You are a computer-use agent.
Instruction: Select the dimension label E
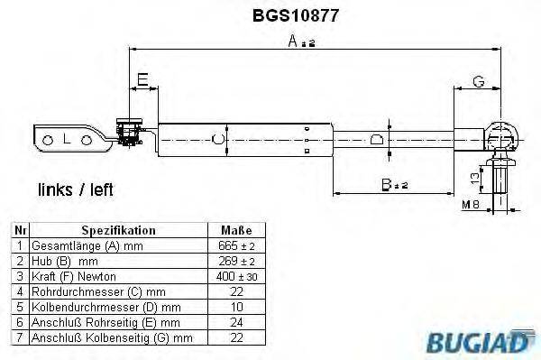[142, 80]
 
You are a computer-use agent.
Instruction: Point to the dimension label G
[479, 81]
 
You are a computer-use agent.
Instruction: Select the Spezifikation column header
[119, 230]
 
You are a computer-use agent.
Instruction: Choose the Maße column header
[235, 230]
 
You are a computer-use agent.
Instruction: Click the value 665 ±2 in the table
[235, 245]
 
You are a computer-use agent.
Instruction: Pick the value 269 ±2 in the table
[235, 261]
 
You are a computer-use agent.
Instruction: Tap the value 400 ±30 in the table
[235, 276]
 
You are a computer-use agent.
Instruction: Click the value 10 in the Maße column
[235, 307]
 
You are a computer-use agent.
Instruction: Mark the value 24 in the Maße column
[235, 322]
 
